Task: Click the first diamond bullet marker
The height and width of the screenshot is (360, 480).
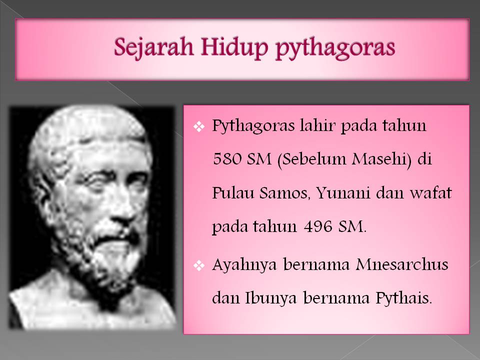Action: [198, 126]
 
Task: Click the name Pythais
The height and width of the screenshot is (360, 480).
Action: [403, 299]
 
